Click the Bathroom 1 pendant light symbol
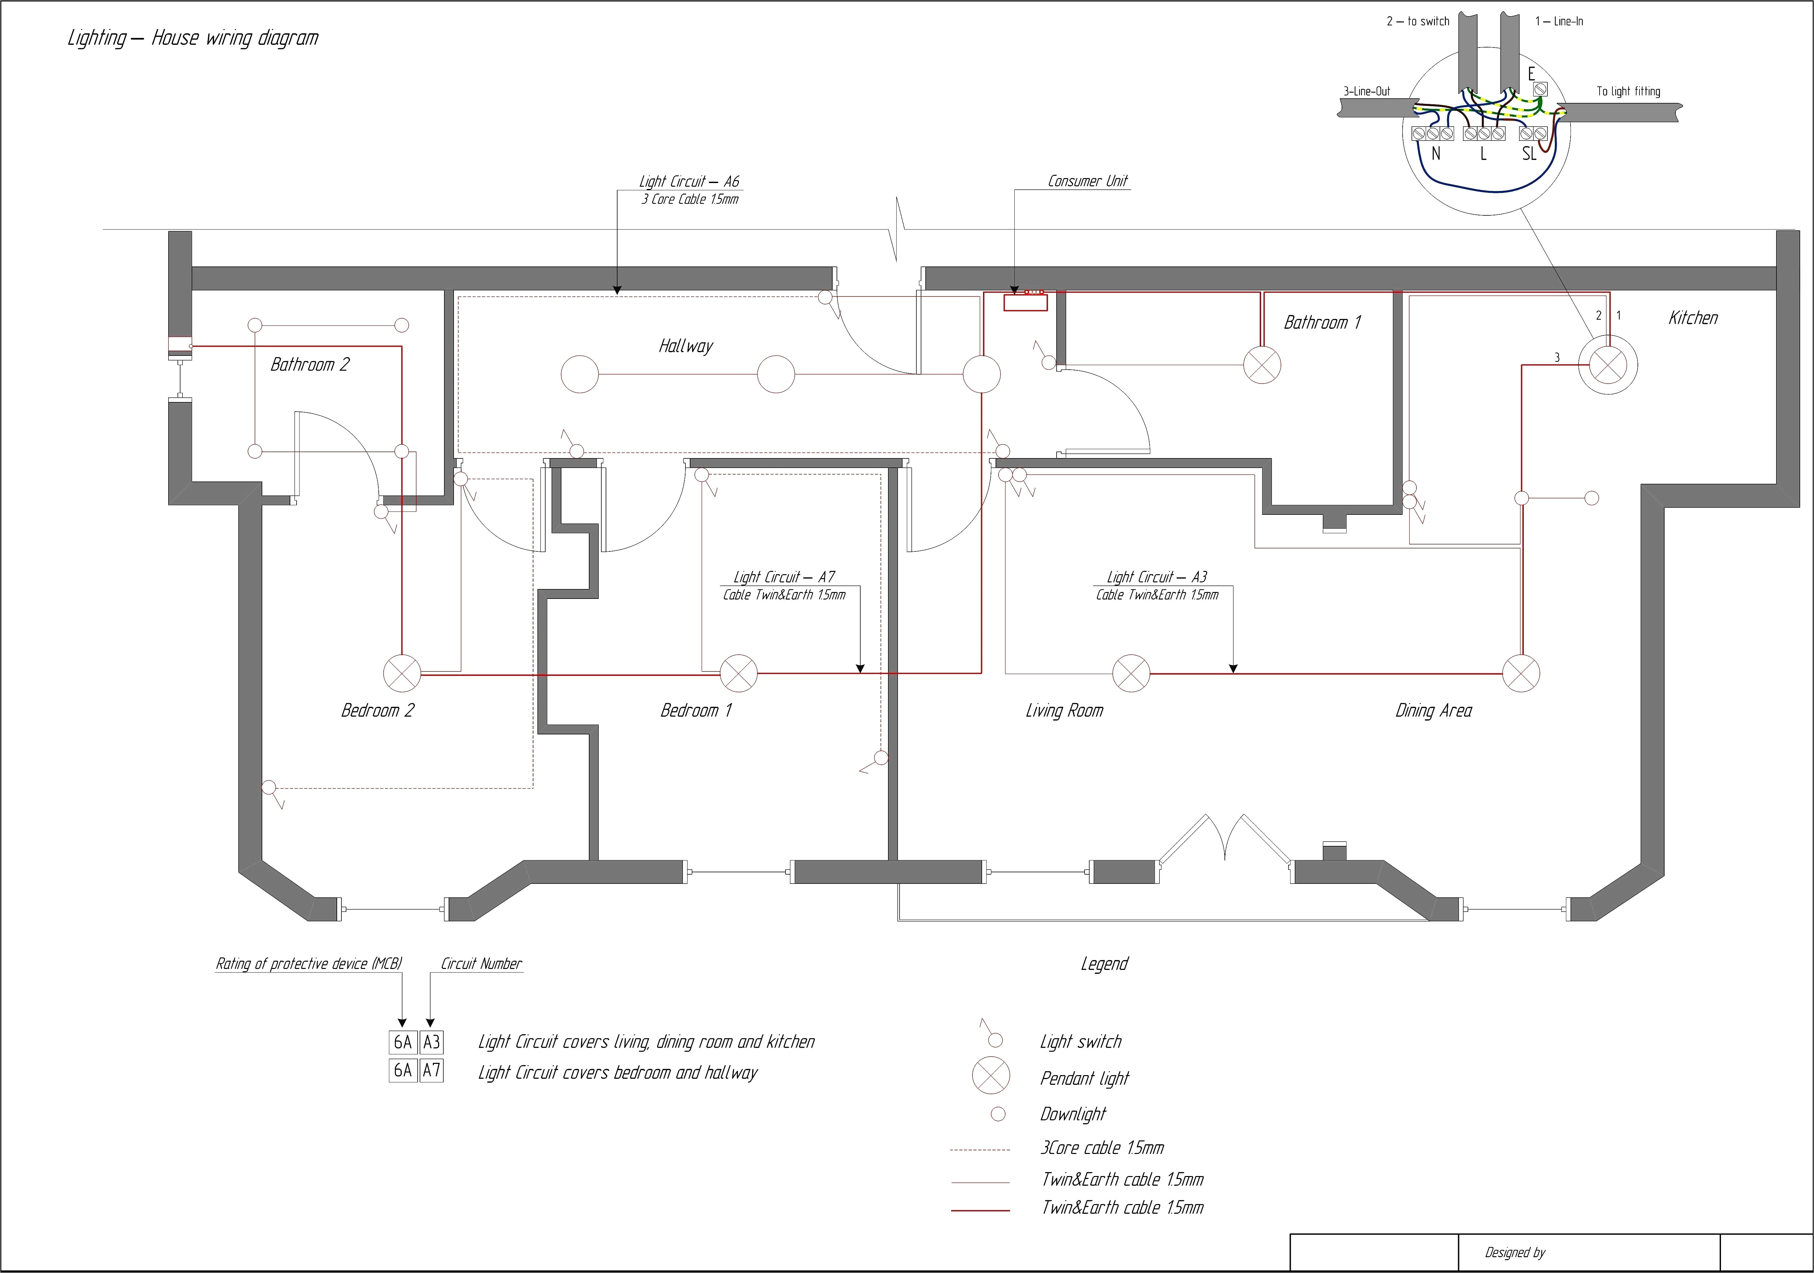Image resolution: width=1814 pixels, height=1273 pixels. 1262,365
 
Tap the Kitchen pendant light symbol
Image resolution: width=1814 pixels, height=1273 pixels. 1608,365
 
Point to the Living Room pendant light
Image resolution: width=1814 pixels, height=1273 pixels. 1130,674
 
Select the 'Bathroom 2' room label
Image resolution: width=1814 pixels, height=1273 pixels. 310,364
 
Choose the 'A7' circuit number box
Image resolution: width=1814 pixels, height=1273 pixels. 431,1071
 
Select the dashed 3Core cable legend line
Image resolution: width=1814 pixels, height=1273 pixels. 980,1150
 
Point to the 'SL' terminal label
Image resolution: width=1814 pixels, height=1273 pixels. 1529,154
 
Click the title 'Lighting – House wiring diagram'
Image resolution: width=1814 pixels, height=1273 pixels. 193,38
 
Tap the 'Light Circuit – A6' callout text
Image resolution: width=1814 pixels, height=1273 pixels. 689,182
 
